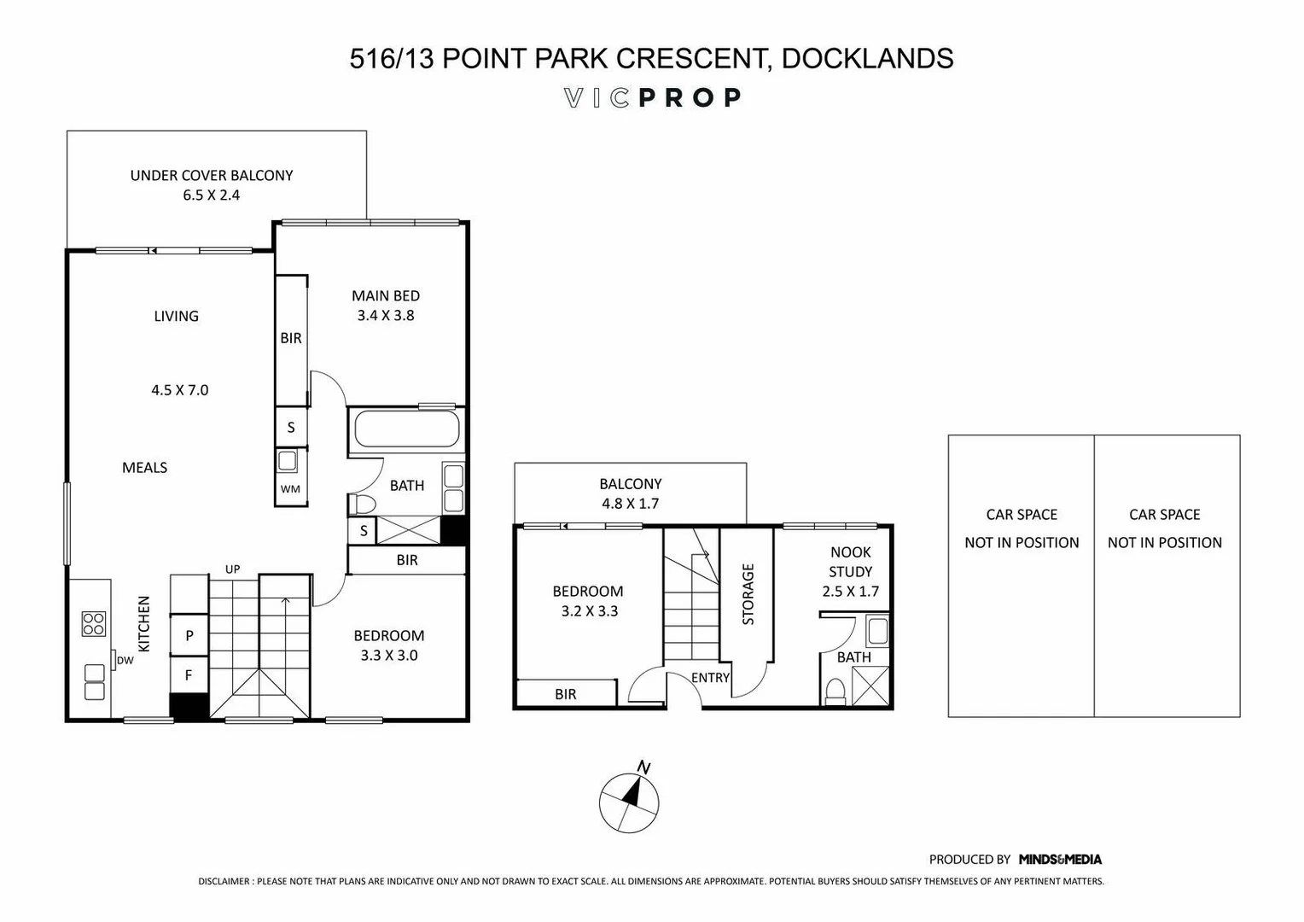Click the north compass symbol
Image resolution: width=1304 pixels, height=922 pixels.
(629, 802)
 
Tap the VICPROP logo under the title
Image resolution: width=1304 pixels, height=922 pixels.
(652, 98)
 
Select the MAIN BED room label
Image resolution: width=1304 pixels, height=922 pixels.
(386, 296)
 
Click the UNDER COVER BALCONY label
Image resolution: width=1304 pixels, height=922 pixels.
(212, 176)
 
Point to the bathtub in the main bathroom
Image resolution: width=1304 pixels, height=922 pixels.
(405, 428)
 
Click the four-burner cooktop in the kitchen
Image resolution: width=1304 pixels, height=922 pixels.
(93, 623)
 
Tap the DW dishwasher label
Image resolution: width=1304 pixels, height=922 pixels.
(125, 660)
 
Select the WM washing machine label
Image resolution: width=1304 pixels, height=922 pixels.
(290, 489)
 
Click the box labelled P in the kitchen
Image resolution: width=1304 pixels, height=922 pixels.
(189, 635)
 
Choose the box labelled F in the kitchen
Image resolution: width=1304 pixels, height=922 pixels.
(189, 675)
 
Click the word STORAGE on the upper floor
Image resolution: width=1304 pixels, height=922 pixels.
(748, 594)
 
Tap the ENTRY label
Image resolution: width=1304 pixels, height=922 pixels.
(710, 678)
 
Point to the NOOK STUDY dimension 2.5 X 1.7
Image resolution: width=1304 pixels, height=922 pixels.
(850, 592)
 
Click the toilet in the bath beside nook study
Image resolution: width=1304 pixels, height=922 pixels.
(834, 690)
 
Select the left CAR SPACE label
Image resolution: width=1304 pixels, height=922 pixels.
(1022, 515)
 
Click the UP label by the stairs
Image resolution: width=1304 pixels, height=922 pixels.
(232, 569)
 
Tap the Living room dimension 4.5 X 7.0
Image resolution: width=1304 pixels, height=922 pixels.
(180, 390)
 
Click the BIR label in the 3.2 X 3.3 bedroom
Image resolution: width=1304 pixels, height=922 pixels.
(565, 694)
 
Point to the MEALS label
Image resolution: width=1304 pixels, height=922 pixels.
(144, 468)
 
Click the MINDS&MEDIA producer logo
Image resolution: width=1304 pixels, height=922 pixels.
(1060, 860)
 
